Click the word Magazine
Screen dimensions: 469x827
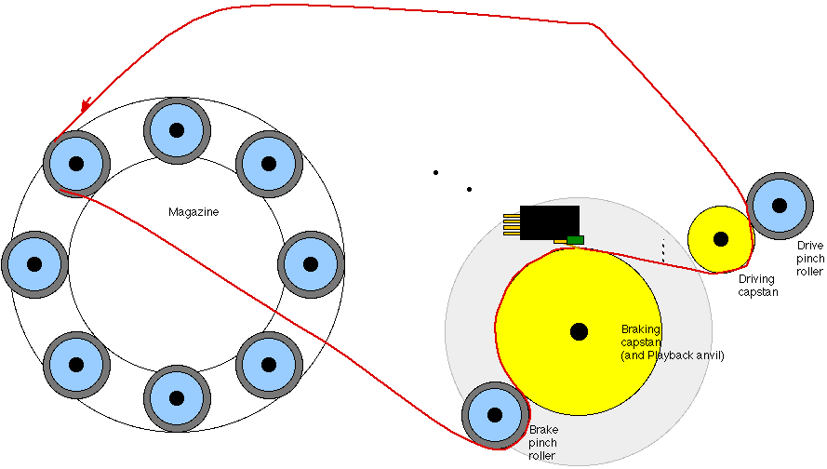coord(193,212)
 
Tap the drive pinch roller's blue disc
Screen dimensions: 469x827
coord(779,206)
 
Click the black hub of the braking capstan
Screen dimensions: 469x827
coord(579,330)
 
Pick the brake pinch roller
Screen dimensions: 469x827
coord(494,415)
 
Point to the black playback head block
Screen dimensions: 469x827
coord(549,222)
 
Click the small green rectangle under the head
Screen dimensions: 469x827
coord(575,240)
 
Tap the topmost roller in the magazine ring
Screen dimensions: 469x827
coord(174,129)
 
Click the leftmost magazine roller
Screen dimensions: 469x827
coord(34,263)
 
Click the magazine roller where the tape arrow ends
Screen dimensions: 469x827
coord(76,164)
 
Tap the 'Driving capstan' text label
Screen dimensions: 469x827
coord(758,285)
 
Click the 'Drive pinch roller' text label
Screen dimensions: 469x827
coord(809,259)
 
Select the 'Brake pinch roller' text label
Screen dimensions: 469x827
coord(542,443)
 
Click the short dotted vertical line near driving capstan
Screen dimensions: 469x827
coord(663,249)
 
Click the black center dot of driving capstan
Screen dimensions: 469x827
coord(719,239)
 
